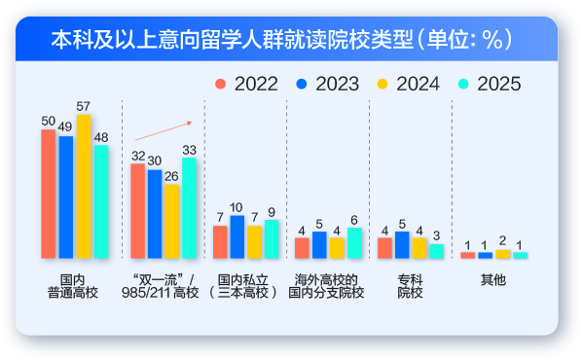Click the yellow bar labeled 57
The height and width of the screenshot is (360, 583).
(x=84, y=186)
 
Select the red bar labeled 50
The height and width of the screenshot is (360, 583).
(x=49, y=194)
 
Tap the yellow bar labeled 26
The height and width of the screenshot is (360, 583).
(x=171, y=221)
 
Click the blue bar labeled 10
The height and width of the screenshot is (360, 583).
(x=237, y=236)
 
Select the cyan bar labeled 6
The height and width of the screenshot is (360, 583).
(x=354, y=242)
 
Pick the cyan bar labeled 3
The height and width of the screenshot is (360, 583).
(x=436, y=250)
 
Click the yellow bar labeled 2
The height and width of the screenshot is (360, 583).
(x=502, y=254)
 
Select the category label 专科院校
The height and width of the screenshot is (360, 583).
(x=410, y=285)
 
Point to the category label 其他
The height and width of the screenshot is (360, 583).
(x=493, y=279)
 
